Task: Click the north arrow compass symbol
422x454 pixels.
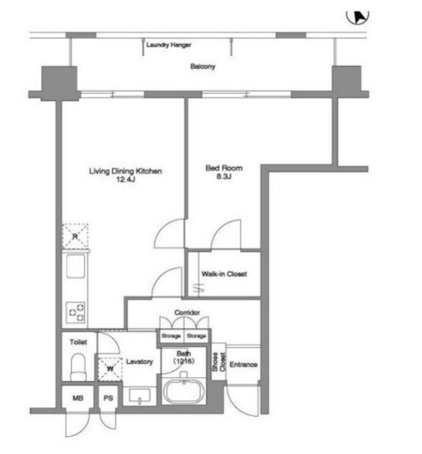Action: coord(358,18)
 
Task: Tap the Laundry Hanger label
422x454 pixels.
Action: coord(169,45)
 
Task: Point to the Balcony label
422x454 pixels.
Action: coord(203,67)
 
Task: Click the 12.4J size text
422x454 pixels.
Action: coord(126,180)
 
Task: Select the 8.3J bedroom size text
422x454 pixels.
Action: coord(224,176)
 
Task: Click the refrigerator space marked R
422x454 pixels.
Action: coord(75,236)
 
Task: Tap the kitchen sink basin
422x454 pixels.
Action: coord(76,266)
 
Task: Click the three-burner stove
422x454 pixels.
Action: coord(76,312)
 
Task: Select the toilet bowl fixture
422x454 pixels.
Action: coord(79,367)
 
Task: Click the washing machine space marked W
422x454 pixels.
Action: coord(110,369)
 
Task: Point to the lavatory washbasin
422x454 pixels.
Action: coord(140,396)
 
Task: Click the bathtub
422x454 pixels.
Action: coord(184,391)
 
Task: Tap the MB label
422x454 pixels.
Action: coord(78,398)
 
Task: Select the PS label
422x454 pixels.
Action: coord(108,398)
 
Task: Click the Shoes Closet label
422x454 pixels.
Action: coord(219,362)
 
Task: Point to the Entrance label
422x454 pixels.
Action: coord(244,364)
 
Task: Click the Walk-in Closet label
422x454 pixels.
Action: coord(224,274)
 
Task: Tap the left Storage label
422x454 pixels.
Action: coord(171,336)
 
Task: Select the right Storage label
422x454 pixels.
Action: coord(196,336)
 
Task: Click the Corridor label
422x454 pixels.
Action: coord(187,312)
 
